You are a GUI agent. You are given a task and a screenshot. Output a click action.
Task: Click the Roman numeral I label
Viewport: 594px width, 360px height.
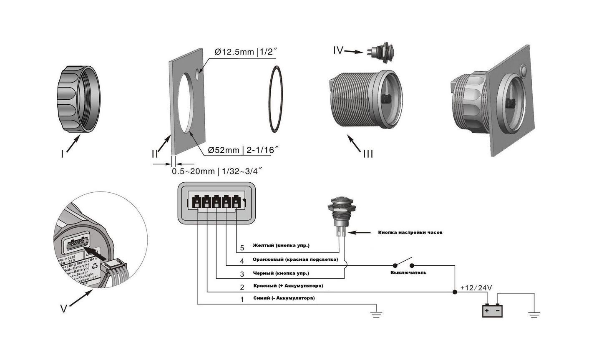[x=62, y=154]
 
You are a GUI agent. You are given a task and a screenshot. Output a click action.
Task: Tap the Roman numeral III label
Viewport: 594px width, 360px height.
[x=367, y=154]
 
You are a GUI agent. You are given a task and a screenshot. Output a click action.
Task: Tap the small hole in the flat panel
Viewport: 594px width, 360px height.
[x=197, y=75]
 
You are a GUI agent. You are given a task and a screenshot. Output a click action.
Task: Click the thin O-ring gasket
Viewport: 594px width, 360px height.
[x=274, y=99]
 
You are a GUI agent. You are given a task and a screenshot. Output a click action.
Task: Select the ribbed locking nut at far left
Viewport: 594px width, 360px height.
[x=78, y=100]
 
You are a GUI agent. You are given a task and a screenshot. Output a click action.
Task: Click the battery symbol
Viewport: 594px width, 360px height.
[x=493, y=311]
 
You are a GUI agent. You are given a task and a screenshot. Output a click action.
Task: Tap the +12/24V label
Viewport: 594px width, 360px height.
[x=476, y=287]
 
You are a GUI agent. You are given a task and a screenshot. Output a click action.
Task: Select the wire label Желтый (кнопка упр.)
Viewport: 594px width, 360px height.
[x=281, y=245]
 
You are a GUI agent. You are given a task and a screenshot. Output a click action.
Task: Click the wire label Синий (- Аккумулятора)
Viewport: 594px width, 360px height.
[x=284, y=298]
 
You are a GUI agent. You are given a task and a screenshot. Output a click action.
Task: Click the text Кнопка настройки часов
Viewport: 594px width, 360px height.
[x=410, y=232]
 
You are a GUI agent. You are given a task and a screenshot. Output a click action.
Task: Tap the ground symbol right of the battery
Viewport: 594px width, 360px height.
[x=534, y=314]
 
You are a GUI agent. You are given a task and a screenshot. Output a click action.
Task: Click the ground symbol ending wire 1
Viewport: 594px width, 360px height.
[x=376, y=314]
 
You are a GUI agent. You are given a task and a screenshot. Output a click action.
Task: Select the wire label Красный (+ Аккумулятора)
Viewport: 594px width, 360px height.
[x=288, y=286]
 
